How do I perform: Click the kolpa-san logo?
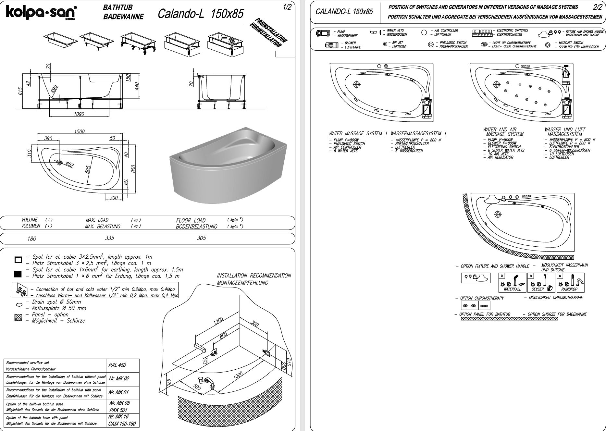pyautogui.click(x=41, y=13)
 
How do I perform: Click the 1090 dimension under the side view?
pyautogui.click(x=79, y=114)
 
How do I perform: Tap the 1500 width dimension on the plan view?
pyautogui.click(x=79, y=131)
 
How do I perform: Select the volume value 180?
pyautogui.click(x=32, y=239)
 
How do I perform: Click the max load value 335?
pyautogui.click(x=110, y=238)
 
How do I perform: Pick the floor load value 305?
pyautogui.click(x=201, y=238)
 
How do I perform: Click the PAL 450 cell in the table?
pyautogui.click(x=117, y=365)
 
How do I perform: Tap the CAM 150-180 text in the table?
pyautogui.click(x=122, y=424)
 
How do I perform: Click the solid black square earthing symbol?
pyautogui.click(x=18, y=274)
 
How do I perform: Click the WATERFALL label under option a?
pyautogui.click(x=512, y=289)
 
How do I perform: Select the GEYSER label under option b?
pyautogui.click(x=538, y=289)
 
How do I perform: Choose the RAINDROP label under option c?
pyautogui.click(x=569, y=289)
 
